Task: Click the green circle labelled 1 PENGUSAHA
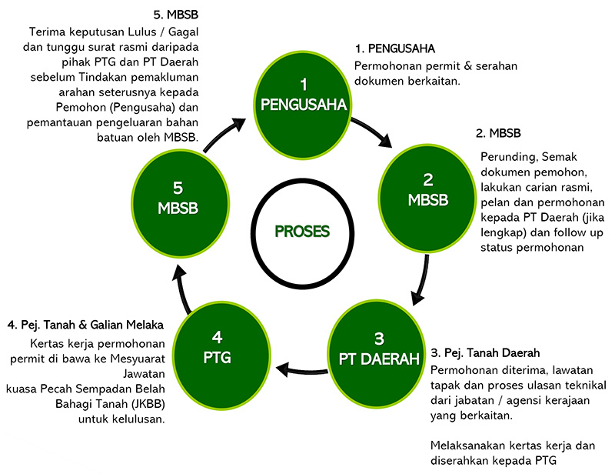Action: [x=304, y=95]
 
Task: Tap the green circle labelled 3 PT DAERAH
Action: [x=378, y=347]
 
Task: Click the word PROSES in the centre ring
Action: [x=303, y=231]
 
